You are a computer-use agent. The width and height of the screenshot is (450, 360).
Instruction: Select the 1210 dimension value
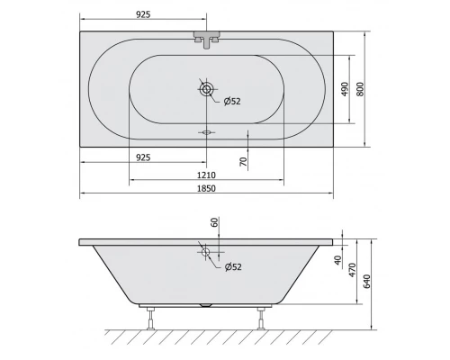coord(208,173)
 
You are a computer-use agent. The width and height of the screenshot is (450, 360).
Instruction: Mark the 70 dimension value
coord(243,161)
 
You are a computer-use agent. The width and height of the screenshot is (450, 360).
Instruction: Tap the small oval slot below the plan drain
coord(208,131)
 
